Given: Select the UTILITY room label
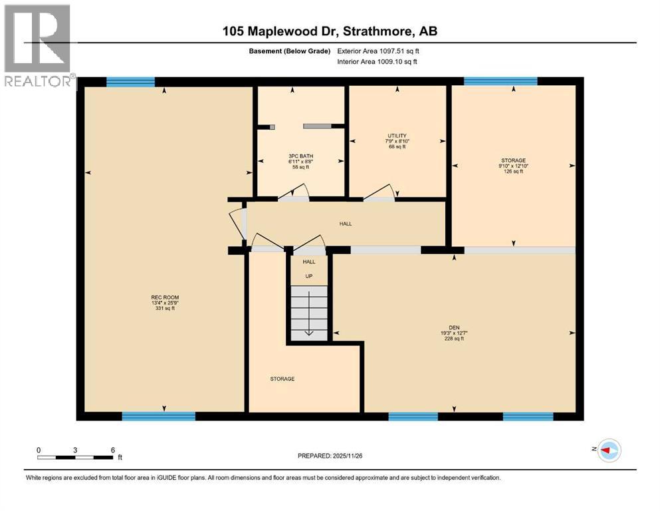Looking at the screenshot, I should click(397, 141).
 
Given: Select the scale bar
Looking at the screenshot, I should click(75, 457).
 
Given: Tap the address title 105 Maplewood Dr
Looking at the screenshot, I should click(330, 31).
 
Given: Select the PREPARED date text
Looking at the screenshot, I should click(330, 456).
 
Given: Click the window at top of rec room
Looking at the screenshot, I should click(131, 82).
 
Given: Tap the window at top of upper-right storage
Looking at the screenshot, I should click(500, 82).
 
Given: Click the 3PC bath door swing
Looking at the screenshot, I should click(292, 194).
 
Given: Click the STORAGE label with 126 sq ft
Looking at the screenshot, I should click(513, 166).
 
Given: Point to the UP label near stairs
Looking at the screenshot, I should click(309, 276).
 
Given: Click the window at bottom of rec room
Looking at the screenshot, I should click(158, 417).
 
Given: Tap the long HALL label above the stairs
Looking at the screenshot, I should click(345, 224).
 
